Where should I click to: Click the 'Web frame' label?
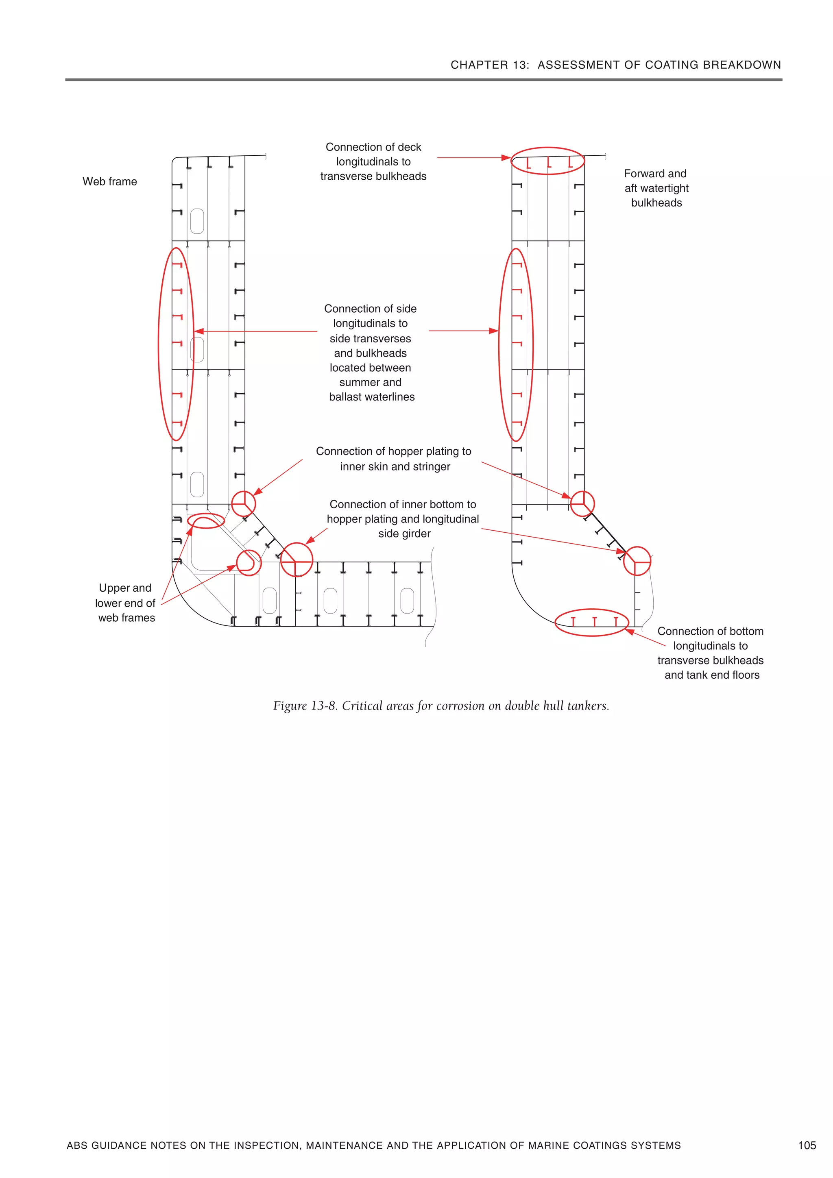[x=109, y=182]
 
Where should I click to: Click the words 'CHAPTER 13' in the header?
[x=489, y=65]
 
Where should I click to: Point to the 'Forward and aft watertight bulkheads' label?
[x=656, y=188]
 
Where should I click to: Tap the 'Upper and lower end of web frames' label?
[x=125, y=603]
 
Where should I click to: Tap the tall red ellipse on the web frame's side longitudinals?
[x=161, y=344]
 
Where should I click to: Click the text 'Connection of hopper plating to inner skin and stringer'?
[x=394, y=459]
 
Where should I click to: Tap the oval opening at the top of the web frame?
[x=197, y=221]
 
